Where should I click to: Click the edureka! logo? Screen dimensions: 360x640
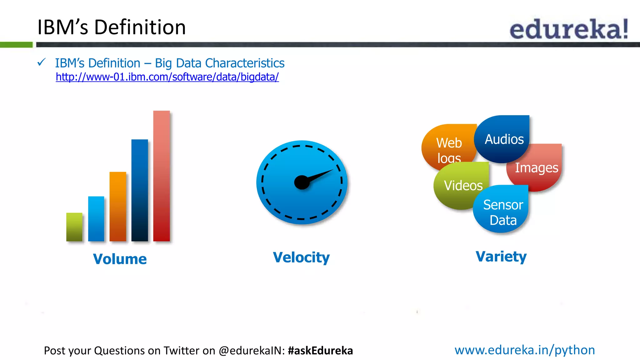click(569, 29)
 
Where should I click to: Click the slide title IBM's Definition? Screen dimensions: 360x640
click(112, 27)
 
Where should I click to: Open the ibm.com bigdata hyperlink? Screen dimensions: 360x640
click(167, 77)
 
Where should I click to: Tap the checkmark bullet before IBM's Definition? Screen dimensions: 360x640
click(42, 62)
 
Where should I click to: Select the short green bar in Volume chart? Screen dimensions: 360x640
click(74, 227)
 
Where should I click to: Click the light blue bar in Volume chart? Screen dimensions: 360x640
click(96, 219)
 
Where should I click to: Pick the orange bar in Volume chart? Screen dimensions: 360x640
click(118, 207)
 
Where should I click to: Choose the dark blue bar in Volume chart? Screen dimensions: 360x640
click(140, 190)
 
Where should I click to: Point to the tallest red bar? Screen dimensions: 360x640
click(162, 176)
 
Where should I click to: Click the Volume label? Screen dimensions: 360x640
click(120, 259)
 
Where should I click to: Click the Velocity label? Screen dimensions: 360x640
click(301, 257)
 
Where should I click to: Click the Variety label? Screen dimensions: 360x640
click(501, 257)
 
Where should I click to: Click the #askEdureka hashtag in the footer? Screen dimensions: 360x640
click(320, 351)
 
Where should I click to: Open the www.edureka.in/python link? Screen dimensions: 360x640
click(525, 350)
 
